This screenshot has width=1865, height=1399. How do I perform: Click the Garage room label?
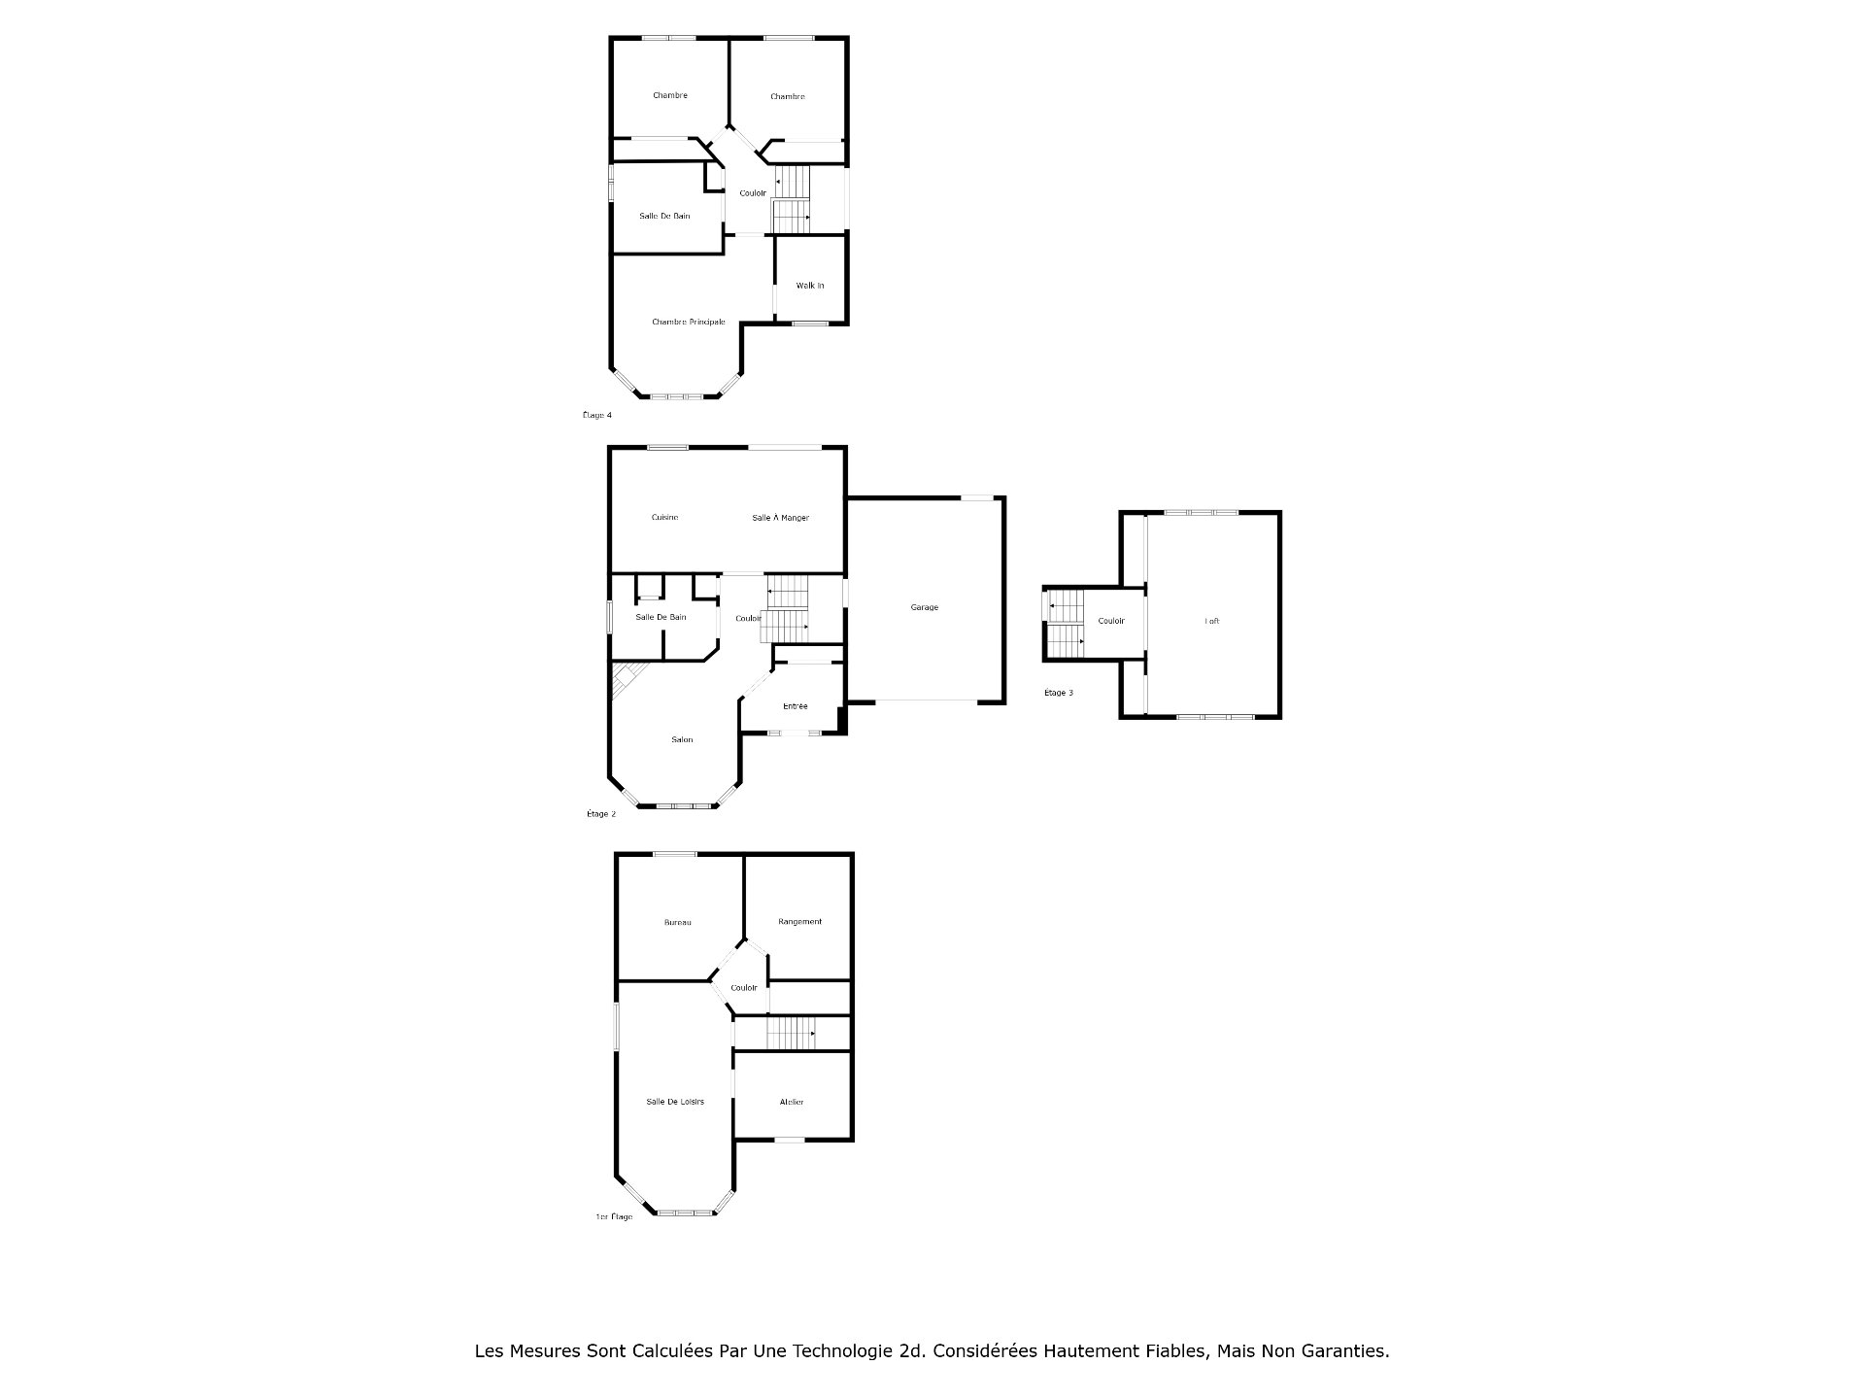[924, 607]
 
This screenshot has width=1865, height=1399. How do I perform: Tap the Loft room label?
[1211, 621]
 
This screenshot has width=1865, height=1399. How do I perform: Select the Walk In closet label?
[809, 286]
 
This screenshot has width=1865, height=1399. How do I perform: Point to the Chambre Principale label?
[688, 322]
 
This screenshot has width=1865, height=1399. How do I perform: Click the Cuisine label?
[664, 518]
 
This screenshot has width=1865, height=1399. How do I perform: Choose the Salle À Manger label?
[780, 518]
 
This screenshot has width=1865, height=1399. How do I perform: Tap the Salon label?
[682, 739]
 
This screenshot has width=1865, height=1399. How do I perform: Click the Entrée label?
[795, 706]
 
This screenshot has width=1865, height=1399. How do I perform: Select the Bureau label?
[677, 922]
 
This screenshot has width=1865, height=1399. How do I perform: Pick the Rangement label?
[799, 921]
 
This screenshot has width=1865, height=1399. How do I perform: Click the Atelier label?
[791, 1102]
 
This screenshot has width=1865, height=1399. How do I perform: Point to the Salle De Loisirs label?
[675, 1102]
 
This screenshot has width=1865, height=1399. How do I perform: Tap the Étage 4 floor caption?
[596, 415]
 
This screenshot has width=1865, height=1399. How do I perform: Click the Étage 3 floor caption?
[1058, 693]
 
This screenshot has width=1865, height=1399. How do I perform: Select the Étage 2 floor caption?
[600, 814]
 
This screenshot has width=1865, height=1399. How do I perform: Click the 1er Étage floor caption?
[613, 1216]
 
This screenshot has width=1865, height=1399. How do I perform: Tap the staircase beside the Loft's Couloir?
[1065, 624]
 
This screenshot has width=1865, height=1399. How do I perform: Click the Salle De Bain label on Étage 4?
[664, 216]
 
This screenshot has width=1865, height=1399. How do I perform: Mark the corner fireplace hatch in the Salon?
[627, 677]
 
